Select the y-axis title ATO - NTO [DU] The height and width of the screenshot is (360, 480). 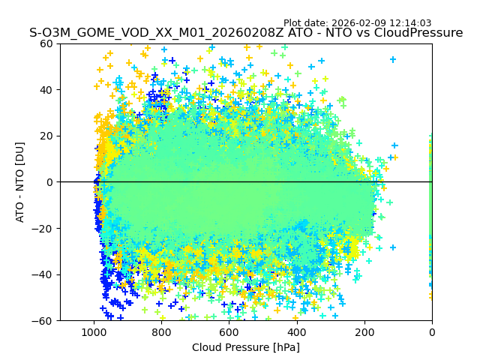click(x=20, y=182)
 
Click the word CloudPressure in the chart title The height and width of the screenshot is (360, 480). click(x=418, y=33)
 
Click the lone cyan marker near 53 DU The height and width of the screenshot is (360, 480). click(x=393, y=59)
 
